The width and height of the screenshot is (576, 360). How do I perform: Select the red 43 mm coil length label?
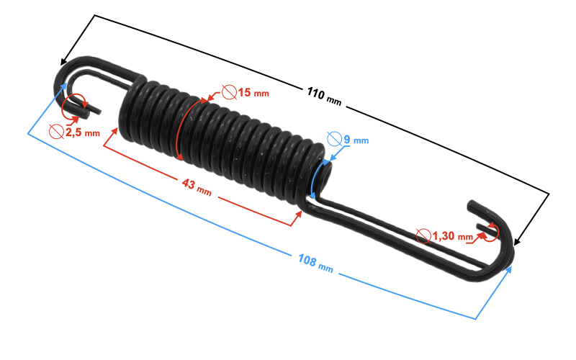click(x=197, y=187)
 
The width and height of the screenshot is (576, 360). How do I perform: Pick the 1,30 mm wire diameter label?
click(x=454, y=235)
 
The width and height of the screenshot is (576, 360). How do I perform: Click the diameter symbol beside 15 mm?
click(x=229, y=92)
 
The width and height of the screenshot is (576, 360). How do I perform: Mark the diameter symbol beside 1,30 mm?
click(x=425, y=235)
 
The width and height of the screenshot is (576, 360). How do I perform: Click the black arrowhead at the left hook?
click(x=66, y=61)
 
